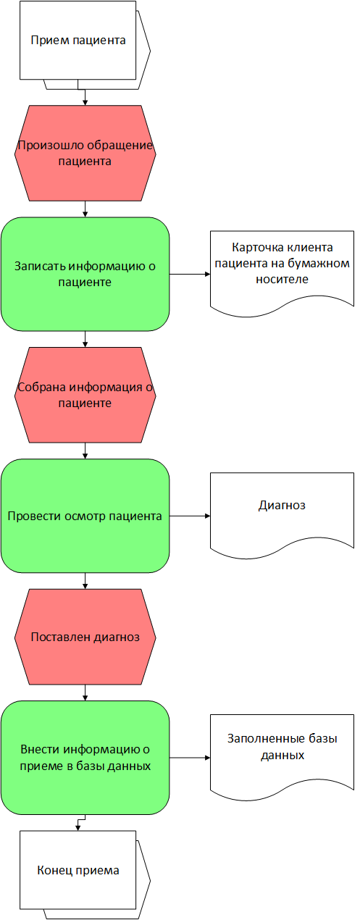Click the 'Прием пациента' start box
[x=78, y=41]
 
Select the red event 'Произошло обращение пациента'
[x=85, y=153]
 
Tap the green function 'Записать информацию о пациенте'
[x=85, y=274]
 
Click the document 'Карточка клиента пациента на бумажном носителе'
[x=282, y=271]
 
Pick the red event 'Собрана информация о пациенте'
[x=85, y=395]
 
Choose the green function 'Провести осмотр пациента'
[x=85, y=516]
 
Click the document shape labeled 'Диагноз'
[x=282, y=514]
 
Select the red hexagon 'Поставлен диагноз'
[x=85, y=637]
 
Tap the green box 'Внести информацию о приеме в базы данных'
[x=85, y=757]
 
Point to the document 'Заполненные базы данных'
[x=282, y=755]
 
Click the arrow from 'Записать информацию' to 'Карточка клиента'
[x=190, y=274]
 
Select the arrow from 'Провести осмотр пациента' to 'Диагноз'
[x=190, y=516]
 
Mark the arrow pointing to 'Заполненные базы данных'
[x=190, y=757]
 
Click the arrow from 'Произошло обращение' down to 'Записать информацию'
[x=85, y=209]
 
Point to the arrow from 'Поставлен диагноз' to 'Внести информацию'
[x=85, y=693]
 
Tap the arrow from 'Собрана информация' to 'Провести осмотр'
[x=85, y=451]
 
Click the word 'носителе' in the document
[x=282, y=280]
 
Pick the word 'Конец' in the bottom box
[x=50, y=870]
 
